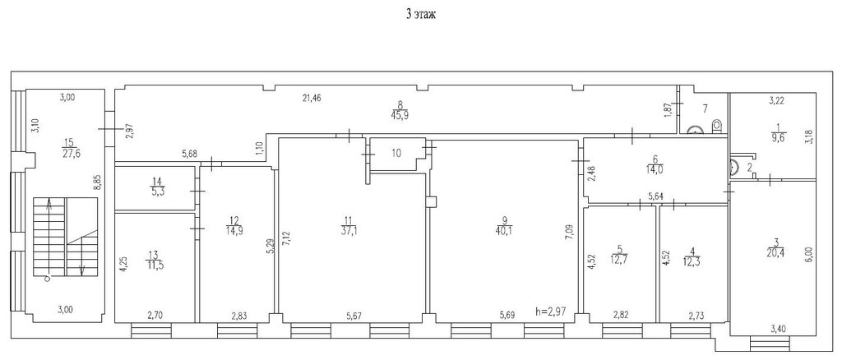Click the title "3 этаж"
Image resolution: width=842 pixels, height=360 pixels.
click(420, 15)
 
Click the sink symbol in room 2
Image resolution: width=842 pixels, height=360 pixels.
click(735, 167)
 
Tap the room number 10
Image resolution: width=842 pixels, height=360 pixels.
click(396, 154)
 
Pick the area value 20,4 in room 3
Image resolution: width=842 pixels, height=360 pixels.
click(773, 255)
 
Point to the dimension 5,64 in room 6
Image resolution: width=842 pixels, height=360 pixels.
click(655, 197)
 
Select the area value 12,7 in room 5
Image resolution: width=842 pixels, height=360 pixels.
click(619, 255)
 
